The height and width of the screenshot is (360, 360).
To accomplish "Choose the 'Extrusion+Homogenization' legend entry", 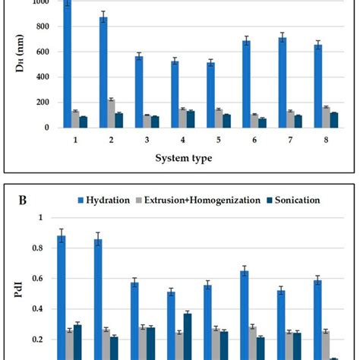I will (212, 200).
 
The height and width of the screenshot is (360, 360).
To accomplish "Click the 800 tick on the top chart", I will (40, 27).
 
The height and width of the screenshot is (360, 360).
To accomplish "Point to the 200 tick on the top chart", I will (40, 102).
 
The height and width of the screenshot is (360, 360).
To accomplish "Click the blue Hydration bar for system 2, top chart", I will (103, 72).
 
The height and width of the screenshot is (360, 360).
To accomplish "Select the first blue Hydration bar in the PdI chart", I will (61, 296).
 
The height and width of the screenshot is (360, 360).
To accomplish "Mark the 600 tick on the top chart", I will (40, 52).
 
